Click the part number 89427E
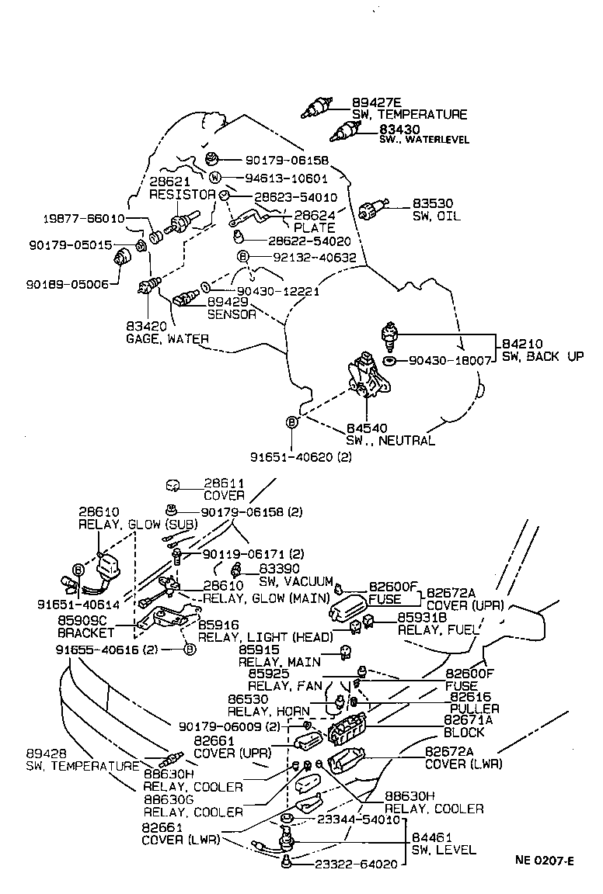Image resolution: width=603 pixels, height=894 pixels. (376, 102)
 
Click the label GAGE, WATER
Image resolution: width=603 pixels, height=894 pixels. (167, 339)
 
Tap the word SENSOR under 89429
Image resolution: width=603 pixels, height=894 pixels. (231, 314)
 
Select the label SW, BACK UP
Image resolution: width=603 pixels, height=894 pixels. (542, 356)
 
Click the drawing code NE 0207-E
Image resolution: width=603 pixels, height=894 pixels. (544, 860)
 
